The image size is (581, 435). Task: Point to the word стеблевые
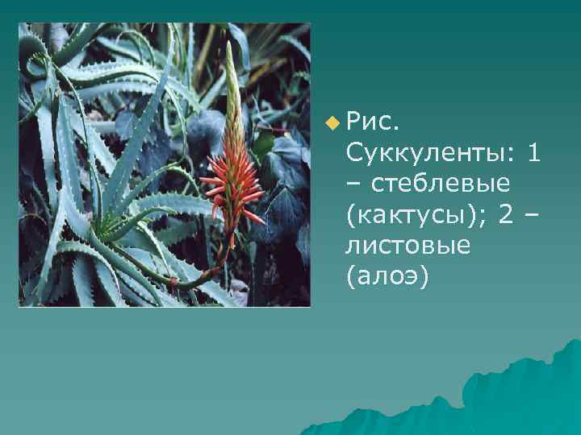pos(441,183)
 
